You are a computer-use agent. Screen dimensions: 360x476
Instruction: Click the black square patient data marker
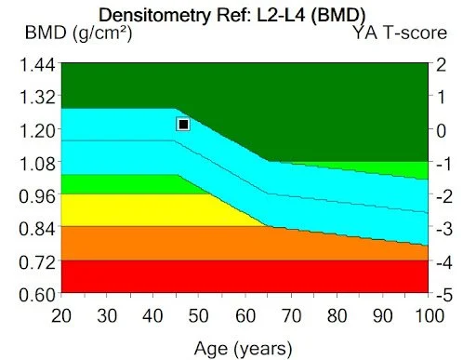click(183, 124)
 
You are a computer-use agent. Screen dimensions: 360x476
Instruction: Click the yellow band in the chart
click(139, 209)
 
